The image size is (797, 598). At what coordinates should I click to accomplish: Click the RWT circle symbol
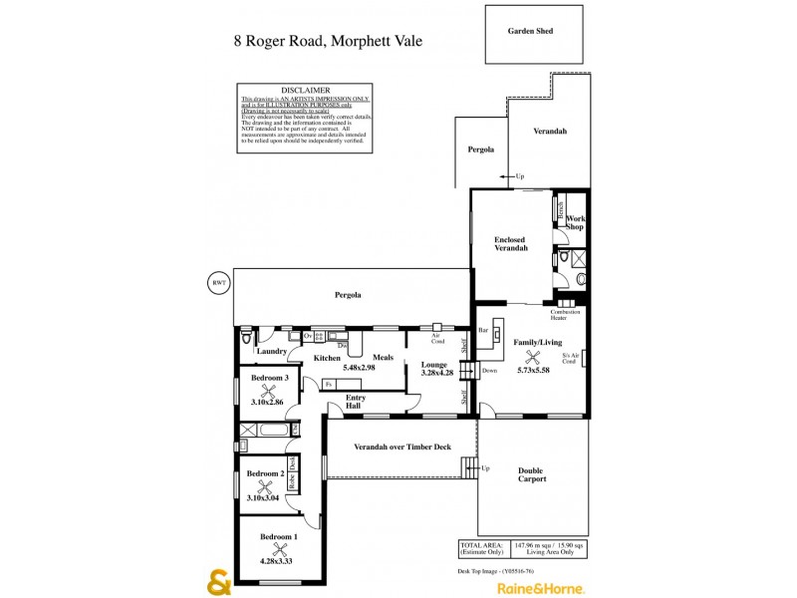point(217,282)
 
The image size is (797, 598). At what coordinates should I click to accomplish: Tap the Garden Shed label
point(531,31)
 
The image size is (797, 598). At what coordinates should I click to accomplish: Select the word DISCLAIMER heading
point(306,90)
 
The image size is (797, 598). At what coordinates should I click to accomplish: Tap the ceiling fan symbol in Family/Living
point(533,356)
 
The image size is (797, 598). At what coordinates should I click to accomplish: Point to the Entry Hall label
point(355,401)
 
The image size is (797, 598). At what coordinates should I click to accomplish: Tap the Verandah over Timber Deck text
point(402,447)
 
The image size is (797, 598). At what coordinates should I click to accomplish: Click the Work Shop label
point(575,222)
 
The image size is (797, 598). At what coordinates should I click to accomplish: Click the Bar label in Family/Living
point(483,329)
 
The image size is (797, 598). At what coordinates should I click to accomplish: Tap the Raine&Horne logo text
point(541,587)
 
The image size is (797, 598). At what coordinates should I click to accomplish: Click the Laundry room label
point(272,351)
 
